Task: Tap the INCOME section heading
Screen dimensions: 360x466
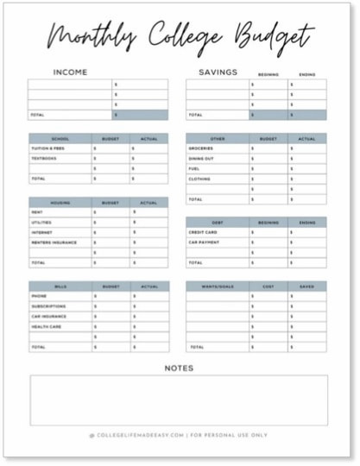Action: pyautogui.click(x=70, y=72)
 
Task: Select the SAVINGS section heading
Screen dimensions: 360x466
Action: pyautogui.click(x=218, y=72)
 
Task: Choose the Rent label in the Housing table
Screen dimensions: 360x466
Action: pyautogui.click(x=36, y=212)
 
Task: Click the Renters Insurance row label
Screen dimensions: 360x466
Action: pyautogui.click(x=54, y=242)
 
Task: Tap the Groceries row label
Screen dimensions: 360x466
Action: pyautogui.click(x=200, y=148)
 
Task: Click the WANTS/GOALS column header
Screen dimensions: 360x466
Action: pyautogui.click(x=218, y=286)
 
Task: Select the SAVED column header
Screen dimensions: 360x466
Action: pyautogui.click(x=307, y=286)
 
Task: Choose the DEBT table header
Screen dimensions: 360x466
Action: pyautogui.click(x=218, y=222)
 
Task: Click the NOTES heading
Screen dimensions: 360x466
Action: pyautogui.click(x=179, y=368)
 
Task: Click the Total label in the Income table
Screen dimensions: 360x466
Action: pyautogui.click(x=37, y=115)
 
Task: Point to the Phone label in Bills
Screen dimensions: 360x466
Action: pyautogui.click(x=38, y=296)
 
